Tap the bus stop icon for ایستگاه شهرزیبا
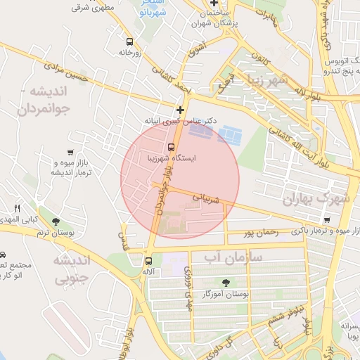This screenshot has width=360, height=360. (171, 147)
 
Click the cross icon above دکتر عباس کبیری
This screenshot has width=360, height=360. (181, 110)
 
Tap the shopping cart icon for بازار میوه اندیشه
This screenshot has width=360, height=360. (70, 153)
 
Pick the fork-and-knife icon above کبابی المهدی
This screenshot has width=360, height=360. (18, 208)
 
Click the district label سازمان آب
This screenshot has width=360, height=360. (233, 258)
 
